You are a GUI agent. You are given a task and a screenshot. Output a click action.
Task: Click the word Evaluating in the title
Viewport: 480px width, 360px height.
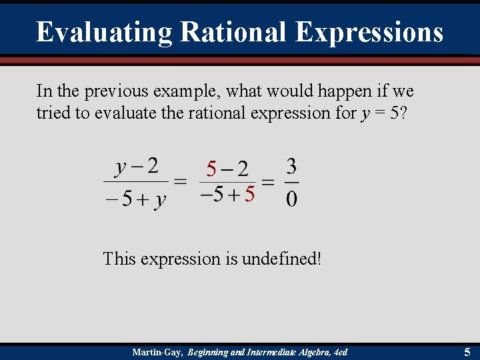coord(104,32)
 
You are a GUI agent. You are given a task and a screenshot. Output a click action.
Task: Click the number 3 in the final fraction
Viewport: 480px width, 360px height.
coord(291,166)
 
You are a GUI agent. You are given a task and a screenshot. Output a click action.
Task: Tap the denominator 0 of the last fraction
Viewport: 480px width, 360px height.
coord(292,198)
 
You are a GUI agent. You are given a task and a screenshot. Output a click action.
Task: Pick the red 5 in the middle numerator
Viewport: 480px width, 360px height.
coord(211,169)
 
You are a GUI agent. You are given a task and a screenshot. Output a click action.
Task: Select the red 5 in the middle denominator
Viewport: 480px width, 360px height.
coord(249,195)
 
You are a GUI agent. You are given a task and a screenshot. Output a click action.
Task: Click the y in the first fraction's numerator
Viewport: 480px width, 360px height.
coord(121,167)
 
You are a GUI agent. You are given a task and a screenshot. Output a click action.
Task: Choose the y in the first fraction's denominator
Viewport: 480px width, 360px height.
coord(160,199)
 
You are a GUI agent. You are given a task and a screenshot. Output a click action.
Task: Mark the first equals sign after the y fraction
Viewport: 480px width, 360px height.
coord(179,181)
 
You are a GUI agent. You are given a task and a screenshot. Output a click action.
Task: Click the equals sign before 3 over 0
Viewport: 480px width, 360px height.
coord(268,181)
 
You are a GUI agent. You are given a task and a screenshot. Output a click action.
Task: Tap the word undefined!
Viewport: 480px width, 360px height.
coord(281,259)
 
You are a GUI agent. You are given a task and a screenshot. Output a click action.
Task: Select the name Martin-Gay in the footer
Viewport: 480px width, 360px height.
coord(157,351)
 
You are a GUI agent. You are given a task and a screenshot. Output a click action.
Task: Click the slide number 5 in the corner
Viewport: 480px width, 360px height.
coord(467,351)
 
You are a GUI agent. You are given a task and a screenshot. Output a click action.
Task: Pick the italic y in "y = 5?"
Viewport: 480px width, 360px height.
coord(364,113)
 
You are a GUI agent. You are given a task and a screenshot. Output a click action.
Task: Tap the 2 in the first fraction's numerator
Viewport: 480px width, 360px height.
coord(153,166)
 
